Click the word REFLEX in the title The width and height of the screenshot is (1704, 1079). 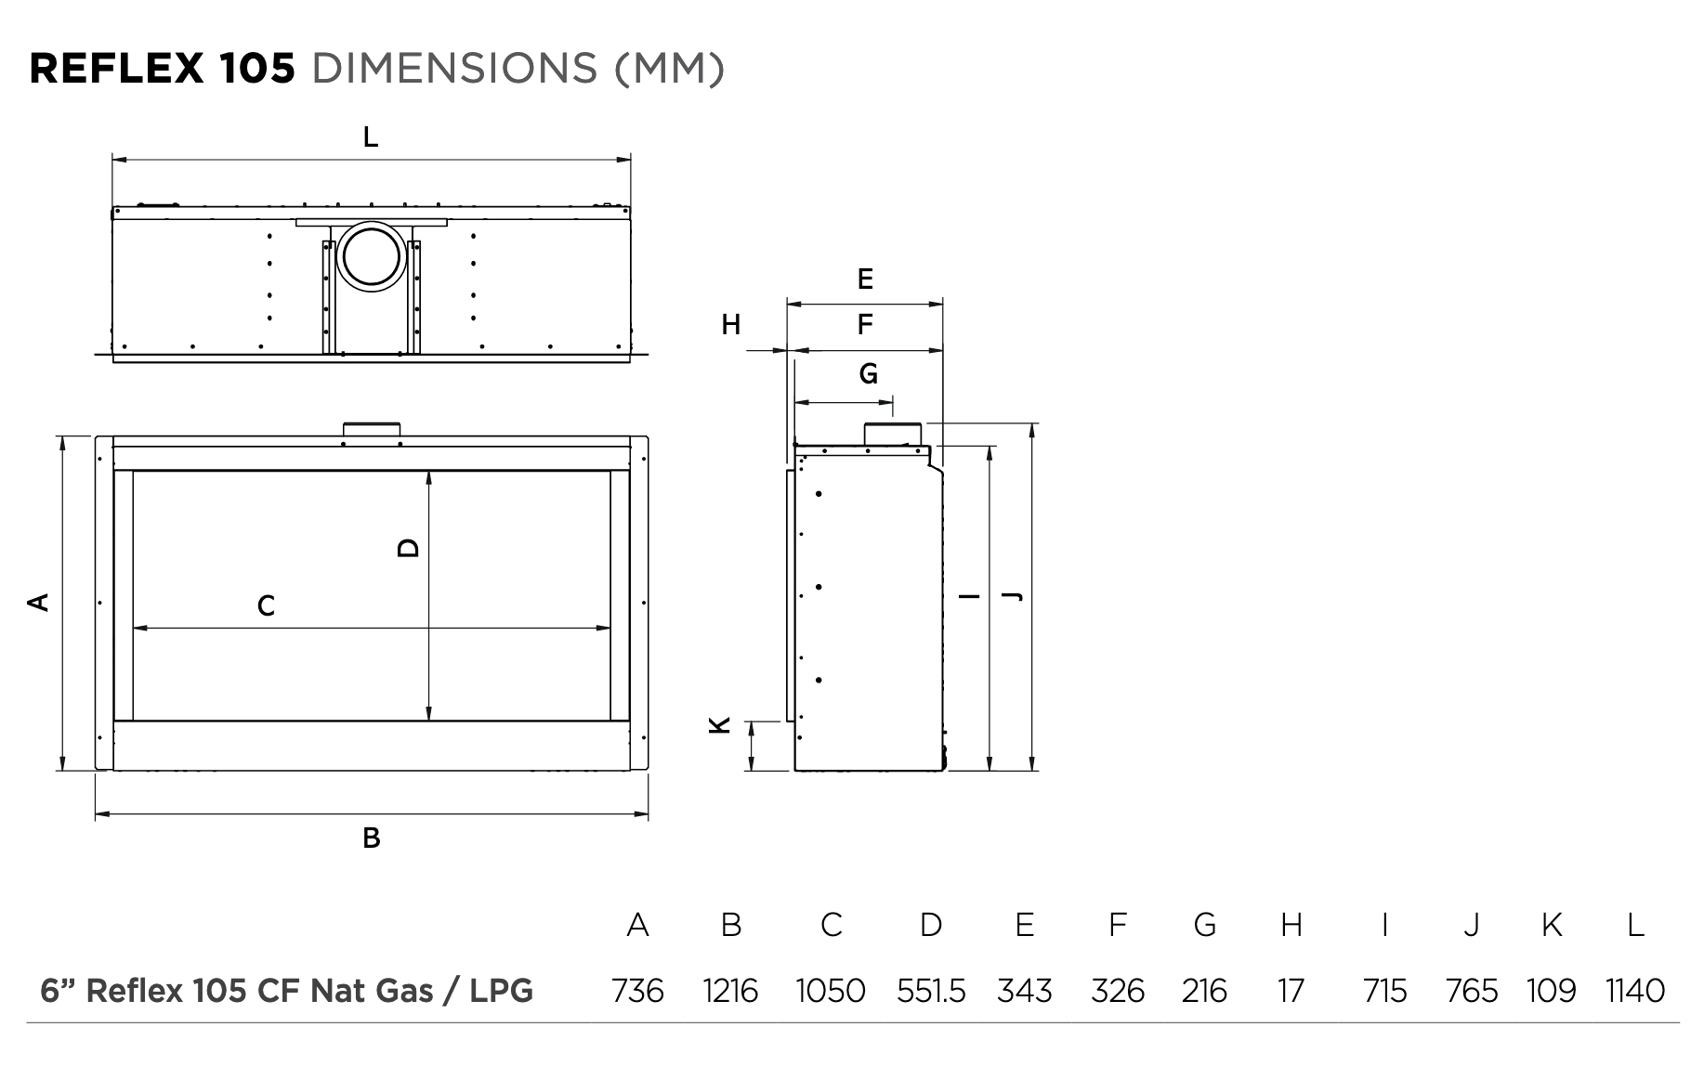[x=116, y=68]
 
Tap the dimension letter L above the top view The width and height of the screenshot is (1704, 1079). [x=371, y=137]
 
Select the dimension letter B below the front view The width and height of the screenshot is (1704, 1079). [x=371, y=838]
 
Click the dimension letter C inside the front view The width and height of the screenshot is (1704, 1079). [x=266, y=606]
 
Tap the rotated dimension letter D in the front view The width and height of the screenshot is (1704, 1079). [x=408, y=548]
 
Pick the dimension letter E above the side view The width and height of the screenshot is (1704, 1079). [x=865, y=278]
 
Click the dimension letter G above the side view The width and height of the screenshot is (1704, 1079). [x=868, y=374]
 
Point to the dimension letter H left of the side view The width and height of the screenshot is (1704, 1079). [x=731, y=325]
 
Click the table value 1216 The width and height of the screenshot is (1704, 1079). [x=730, y=992]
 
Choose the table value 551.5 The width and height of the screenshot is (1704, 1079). [x=930, y=992]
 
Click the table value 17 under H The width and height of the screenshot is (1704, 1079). [x=1291, y=992]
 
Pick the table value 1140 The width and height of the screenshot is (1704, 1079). [x=1635, y=992]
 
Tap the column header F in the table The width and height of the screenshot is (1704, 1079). [x=1118, y=925]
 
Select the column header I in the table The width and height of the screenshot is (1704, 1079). [x=1384, y=925]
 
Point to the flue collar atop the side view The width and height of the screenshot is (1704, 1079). [x=893, y=434]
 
